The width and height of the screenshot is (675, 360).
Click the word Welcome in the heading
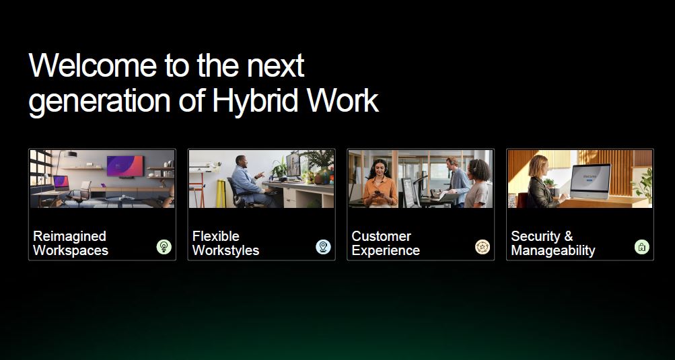pyautogui.click(x=93, y=65)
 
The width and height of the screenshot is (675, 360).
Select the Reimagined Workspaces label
pyautogui.click(x=71, y=244)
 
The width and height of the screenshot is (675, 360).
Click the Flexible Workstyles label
pyautogui.click(x=225, y=244)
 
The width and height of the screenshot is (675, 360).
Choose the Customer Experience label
pyautogui.click(x=386, y=244)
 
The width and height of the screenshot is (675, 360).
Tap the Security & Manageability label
pyautogui.click(x=553, y=244)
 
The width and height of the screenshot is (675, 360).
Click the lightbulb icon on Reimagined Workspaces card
pyautogui.click(x=164, y=247)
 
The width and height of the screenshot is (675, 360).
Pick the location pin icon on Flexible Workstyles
pyautogui.click(x=323, y=247)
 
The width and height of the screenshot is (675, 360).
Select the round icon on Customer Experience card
pyautogui.click(x=483, y=247)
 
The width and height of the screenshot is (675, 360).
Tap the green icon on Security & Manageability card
pyautogui.click(x=642, y=247)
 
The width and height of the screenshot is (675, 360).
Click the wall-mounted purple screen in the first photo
pyautogui.click(x=125, y=166)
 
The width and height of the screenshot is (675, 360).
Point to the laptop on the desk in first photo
pyautogui.click(x=61, y=183)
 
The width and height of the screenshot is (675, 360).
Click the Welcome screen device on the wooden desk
pyautogui.click(x=590, y=181)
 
